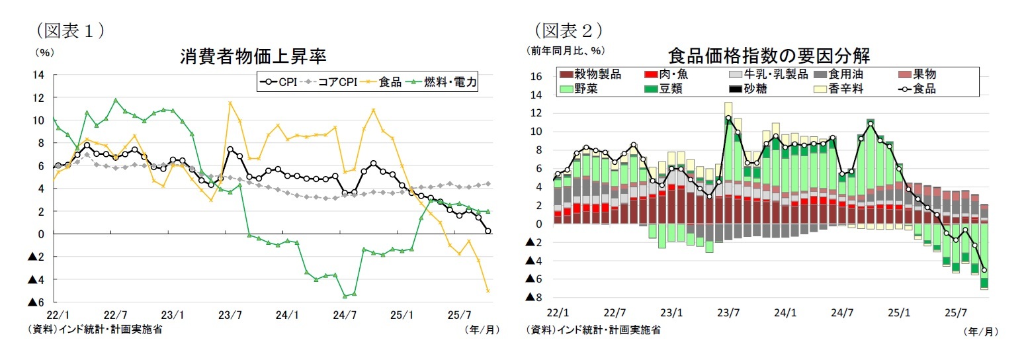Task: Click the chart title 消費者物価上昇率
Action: tap(254, 56)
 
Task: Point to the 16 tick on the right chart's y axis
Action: tap(536, 77)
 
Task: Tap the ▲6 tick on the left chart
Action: tap(35, 302)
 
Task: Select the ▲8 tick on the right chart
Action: tap(533, 298)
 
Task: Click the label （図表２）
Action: tap(568, 30)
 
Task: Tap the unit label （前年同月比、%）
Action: tap(566, 50)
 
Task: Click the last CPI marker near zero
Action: tap(488, 231)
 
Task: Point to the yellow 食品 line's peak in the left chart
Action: tap(230, 103)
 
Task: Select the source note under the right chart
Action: tap(593, 329)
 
